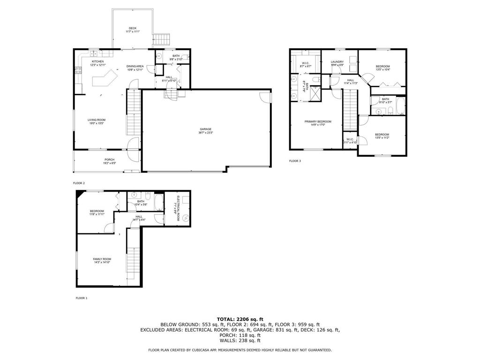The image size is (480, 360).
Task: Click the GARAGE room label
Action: coord(206,129)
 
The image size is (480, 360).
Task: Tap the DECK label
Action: coord(133,28)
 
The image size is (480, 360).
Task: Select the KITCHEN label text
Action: coord(97,61)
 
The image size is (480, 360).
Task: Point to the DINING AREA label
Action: coord(135,66)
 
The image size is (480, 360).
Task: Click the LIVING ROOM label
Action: coord(97,120)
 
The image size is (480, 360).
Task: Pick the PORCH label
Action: coord(109,160)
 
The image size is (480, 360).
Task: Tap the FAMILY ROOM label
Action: coord(102,259)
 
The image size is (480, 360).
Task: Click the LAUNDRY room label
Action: coord(337,62)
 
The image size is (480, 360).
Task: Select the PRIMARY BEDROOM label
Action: coord(318,121)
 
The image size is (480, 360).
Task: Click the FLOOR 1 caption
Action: coord(82,298)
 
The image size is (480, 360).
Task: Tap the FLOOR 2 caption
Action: coord(79,183)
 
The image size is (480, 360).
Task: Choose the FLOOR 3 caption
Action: coord(295,161)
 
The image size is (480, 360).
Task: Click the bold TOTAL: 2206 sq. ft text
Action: coord(240,319)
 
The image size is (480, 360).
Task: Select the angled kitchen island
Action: coord(104,78)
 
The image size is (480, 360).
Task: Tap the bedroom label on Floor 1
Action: coord(97,211)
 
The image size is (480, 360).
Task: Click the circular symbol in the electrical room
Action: coord(186,218)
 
